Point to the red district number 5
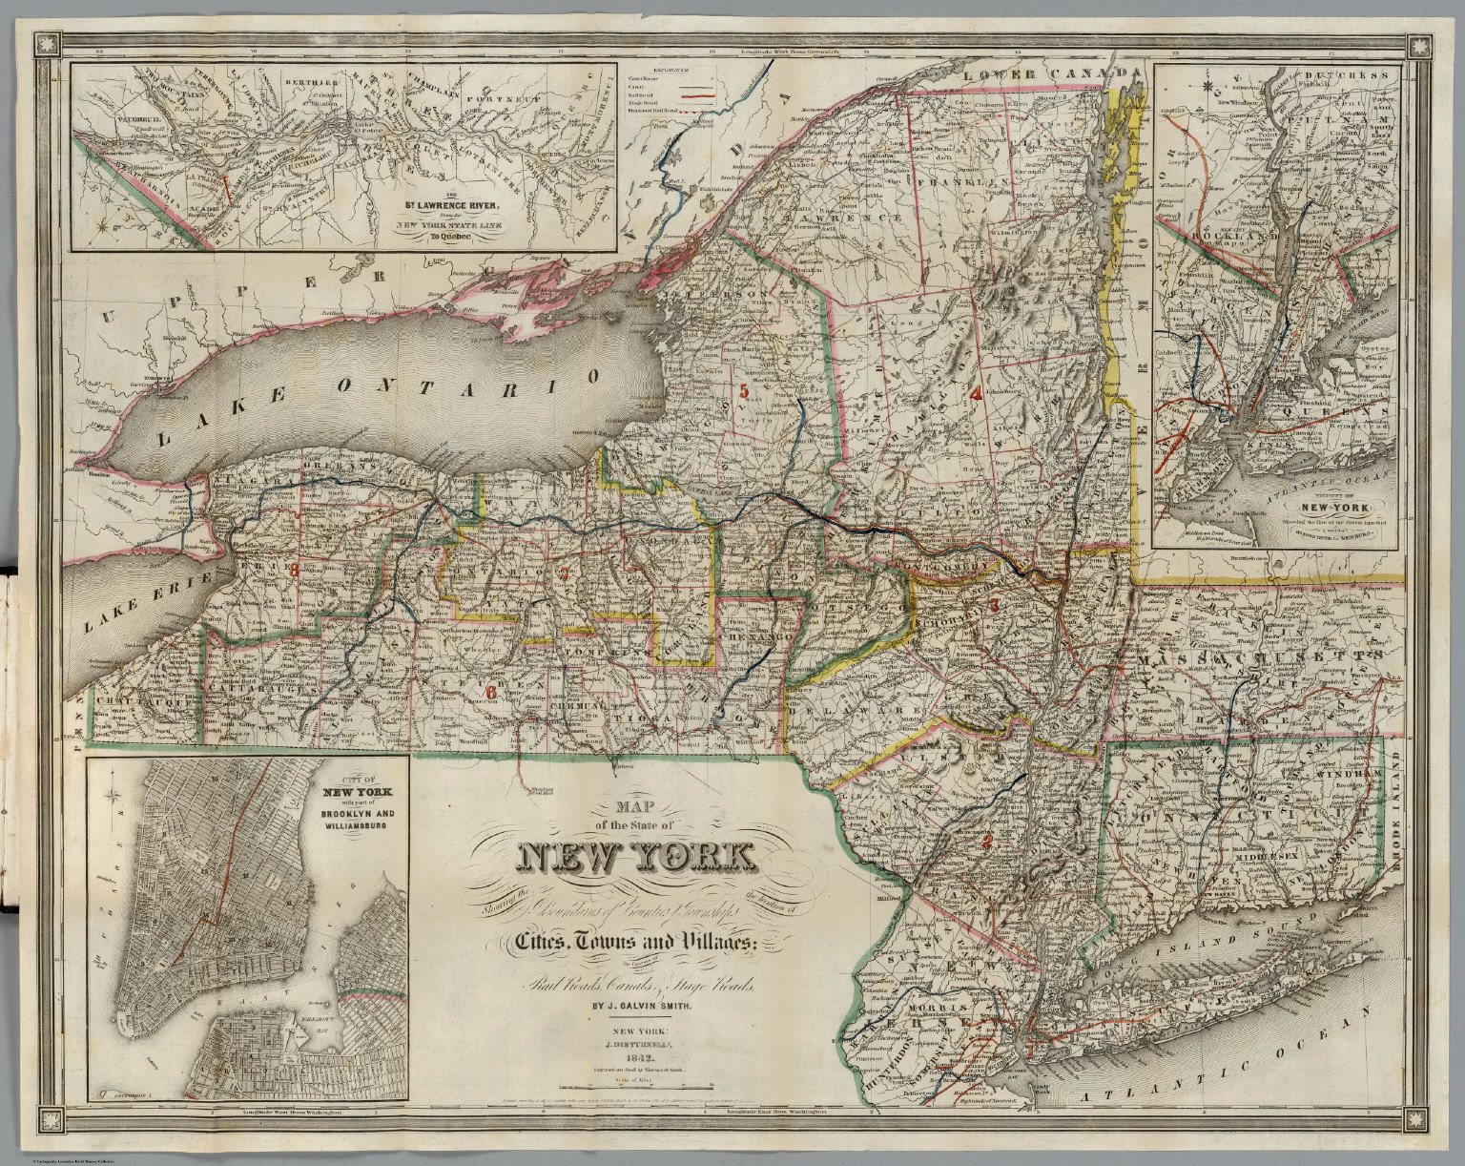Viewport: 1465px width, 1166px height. (x=743, y=389)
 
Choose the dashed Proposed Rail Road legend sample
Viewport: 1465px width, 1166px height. (x=700, y=112)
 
